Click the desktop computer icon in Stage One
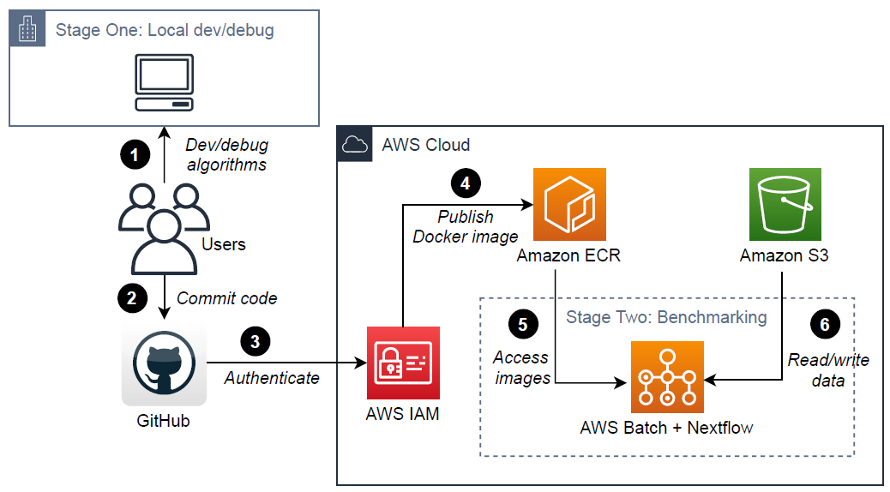164,82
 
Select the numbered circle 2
132,297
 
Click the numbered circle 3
256,340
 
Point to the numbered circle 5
522,323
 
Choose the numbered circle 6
825,323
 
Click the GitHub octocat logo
164,364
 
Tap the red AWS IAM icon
403,363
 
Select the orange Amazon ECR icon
569,204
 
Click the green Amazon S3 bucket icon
785,204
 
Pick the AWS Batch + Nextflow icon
667,377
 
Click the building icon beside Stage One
29,30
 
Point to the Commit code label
226,298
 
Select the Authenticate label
272,377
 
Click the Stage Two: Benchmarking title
665,317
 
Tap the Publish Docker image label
466,226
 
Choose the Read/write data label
827,369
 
